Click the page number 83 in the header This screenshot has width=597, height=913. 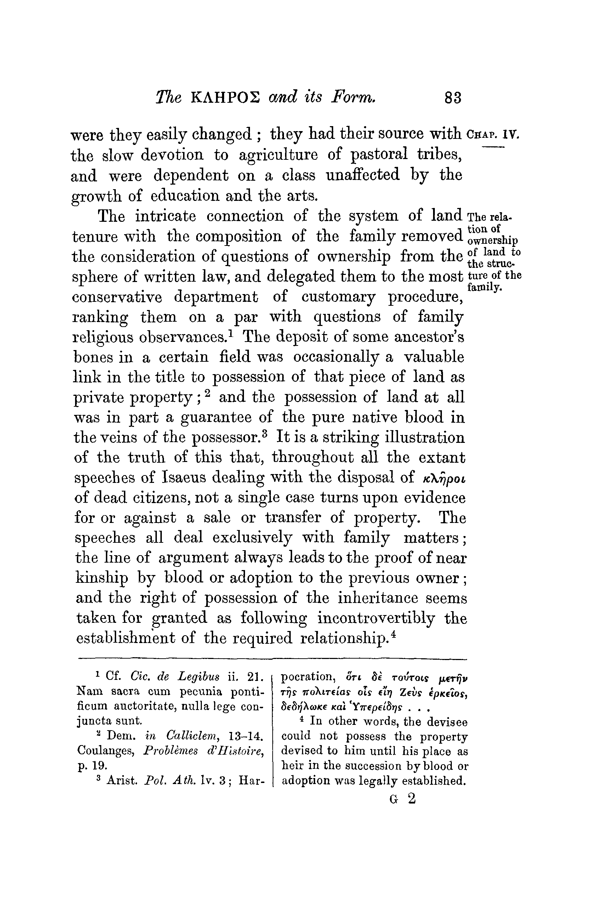(x=453, y=98)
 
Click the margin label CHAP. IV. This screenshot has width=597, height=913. (x=494, y=135)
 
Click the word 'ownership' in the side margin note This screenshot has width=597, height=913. (x=493, y=241)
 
